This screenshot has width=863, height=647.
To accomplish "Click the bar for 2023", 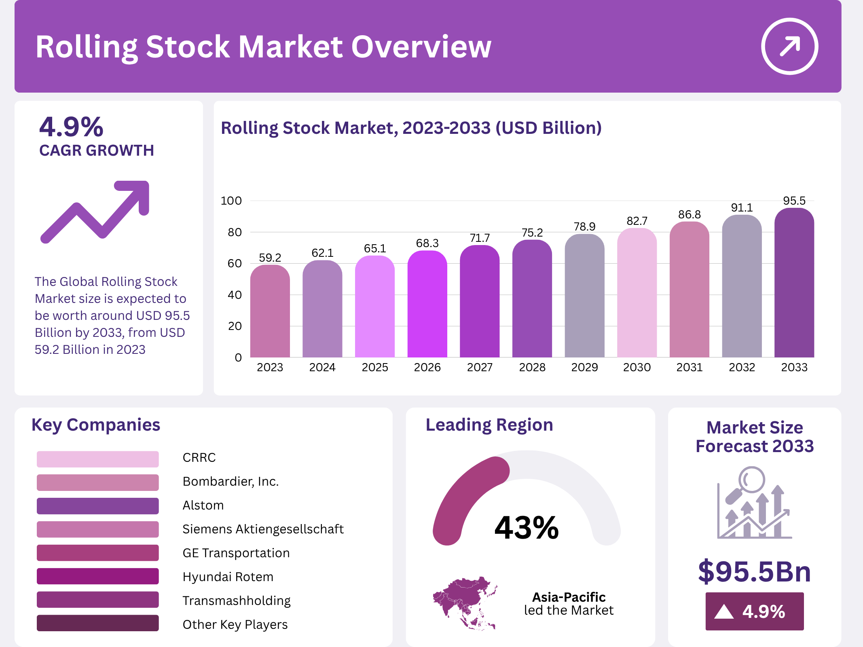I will [270, 311].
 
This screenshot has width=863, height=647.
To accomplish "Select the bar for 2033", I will [794, 283].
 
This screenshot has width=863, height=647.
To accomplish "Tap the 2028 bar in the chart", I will [532, 299].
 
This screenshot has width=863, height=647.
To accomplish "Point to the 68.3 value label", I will [427, 243].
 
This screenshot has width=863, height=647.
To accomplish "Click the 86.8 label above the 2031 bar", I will [689, 214].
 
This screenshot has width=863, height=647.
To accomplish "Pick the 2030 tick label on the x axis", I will [637, 367].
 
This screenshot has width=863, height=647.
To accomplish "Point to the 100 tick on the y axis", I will [231, 201].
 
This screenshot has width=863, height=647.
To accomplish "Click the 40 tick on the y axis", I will [235, 295].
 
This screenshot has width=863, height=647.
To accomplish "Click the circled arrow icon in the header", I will [789, 46].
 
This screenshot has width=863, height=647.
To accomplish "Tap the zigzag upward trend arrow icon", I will [95, 211].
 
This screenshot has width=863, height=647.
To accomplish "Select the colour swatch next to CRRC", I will [97, 459].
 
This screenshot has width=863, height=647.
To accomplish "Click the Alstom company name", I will [203, 505].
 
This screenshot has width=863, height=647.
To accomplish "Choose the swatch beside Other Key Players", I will [97, 623].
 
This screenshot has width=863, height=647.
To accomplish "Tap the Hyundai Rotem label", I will [228, 577].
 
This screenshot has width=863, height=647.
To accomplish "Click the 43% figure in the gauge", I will [526, 528].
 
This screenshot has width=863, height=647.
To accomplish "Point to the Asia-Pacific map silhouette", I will [465, 602].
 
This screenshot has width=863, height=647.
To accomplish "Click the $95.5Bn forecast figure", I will [754, 571].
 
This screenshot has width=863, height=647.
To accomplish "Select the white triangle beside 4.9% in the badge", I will [723, 611].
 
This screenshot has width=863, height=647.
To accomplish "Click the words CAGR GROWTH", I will [96, 150].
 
